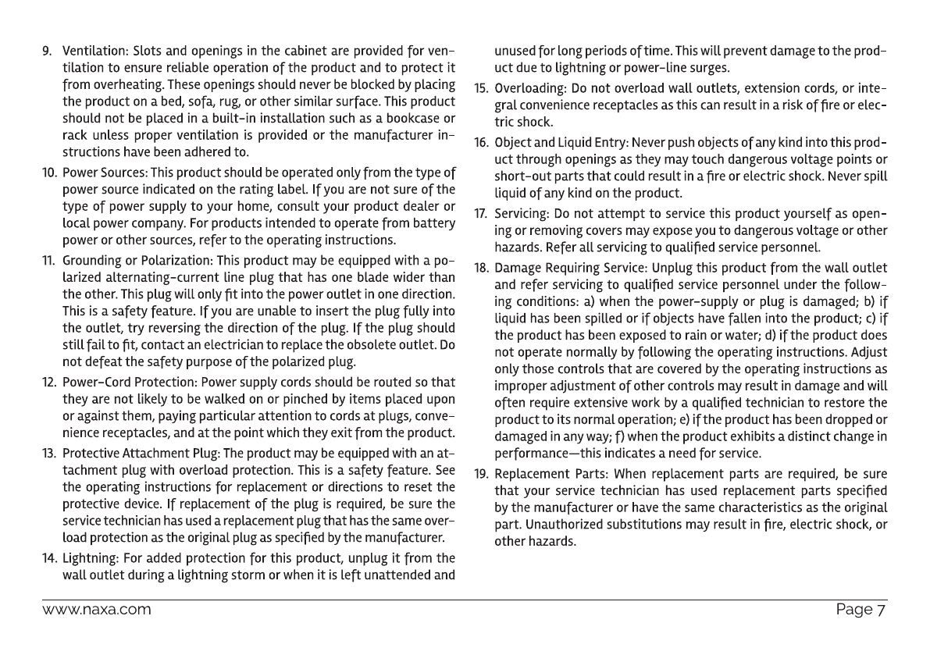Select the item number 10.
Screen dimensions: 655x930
(48, 171)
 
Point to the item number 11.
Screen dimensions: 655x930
(48, 260)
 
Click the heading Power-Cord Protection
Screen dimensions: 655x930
(130, 383)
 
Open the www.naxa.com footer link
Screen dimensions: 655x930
(96, 610)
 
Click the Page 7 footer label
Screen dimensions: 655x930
(861, 610)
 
